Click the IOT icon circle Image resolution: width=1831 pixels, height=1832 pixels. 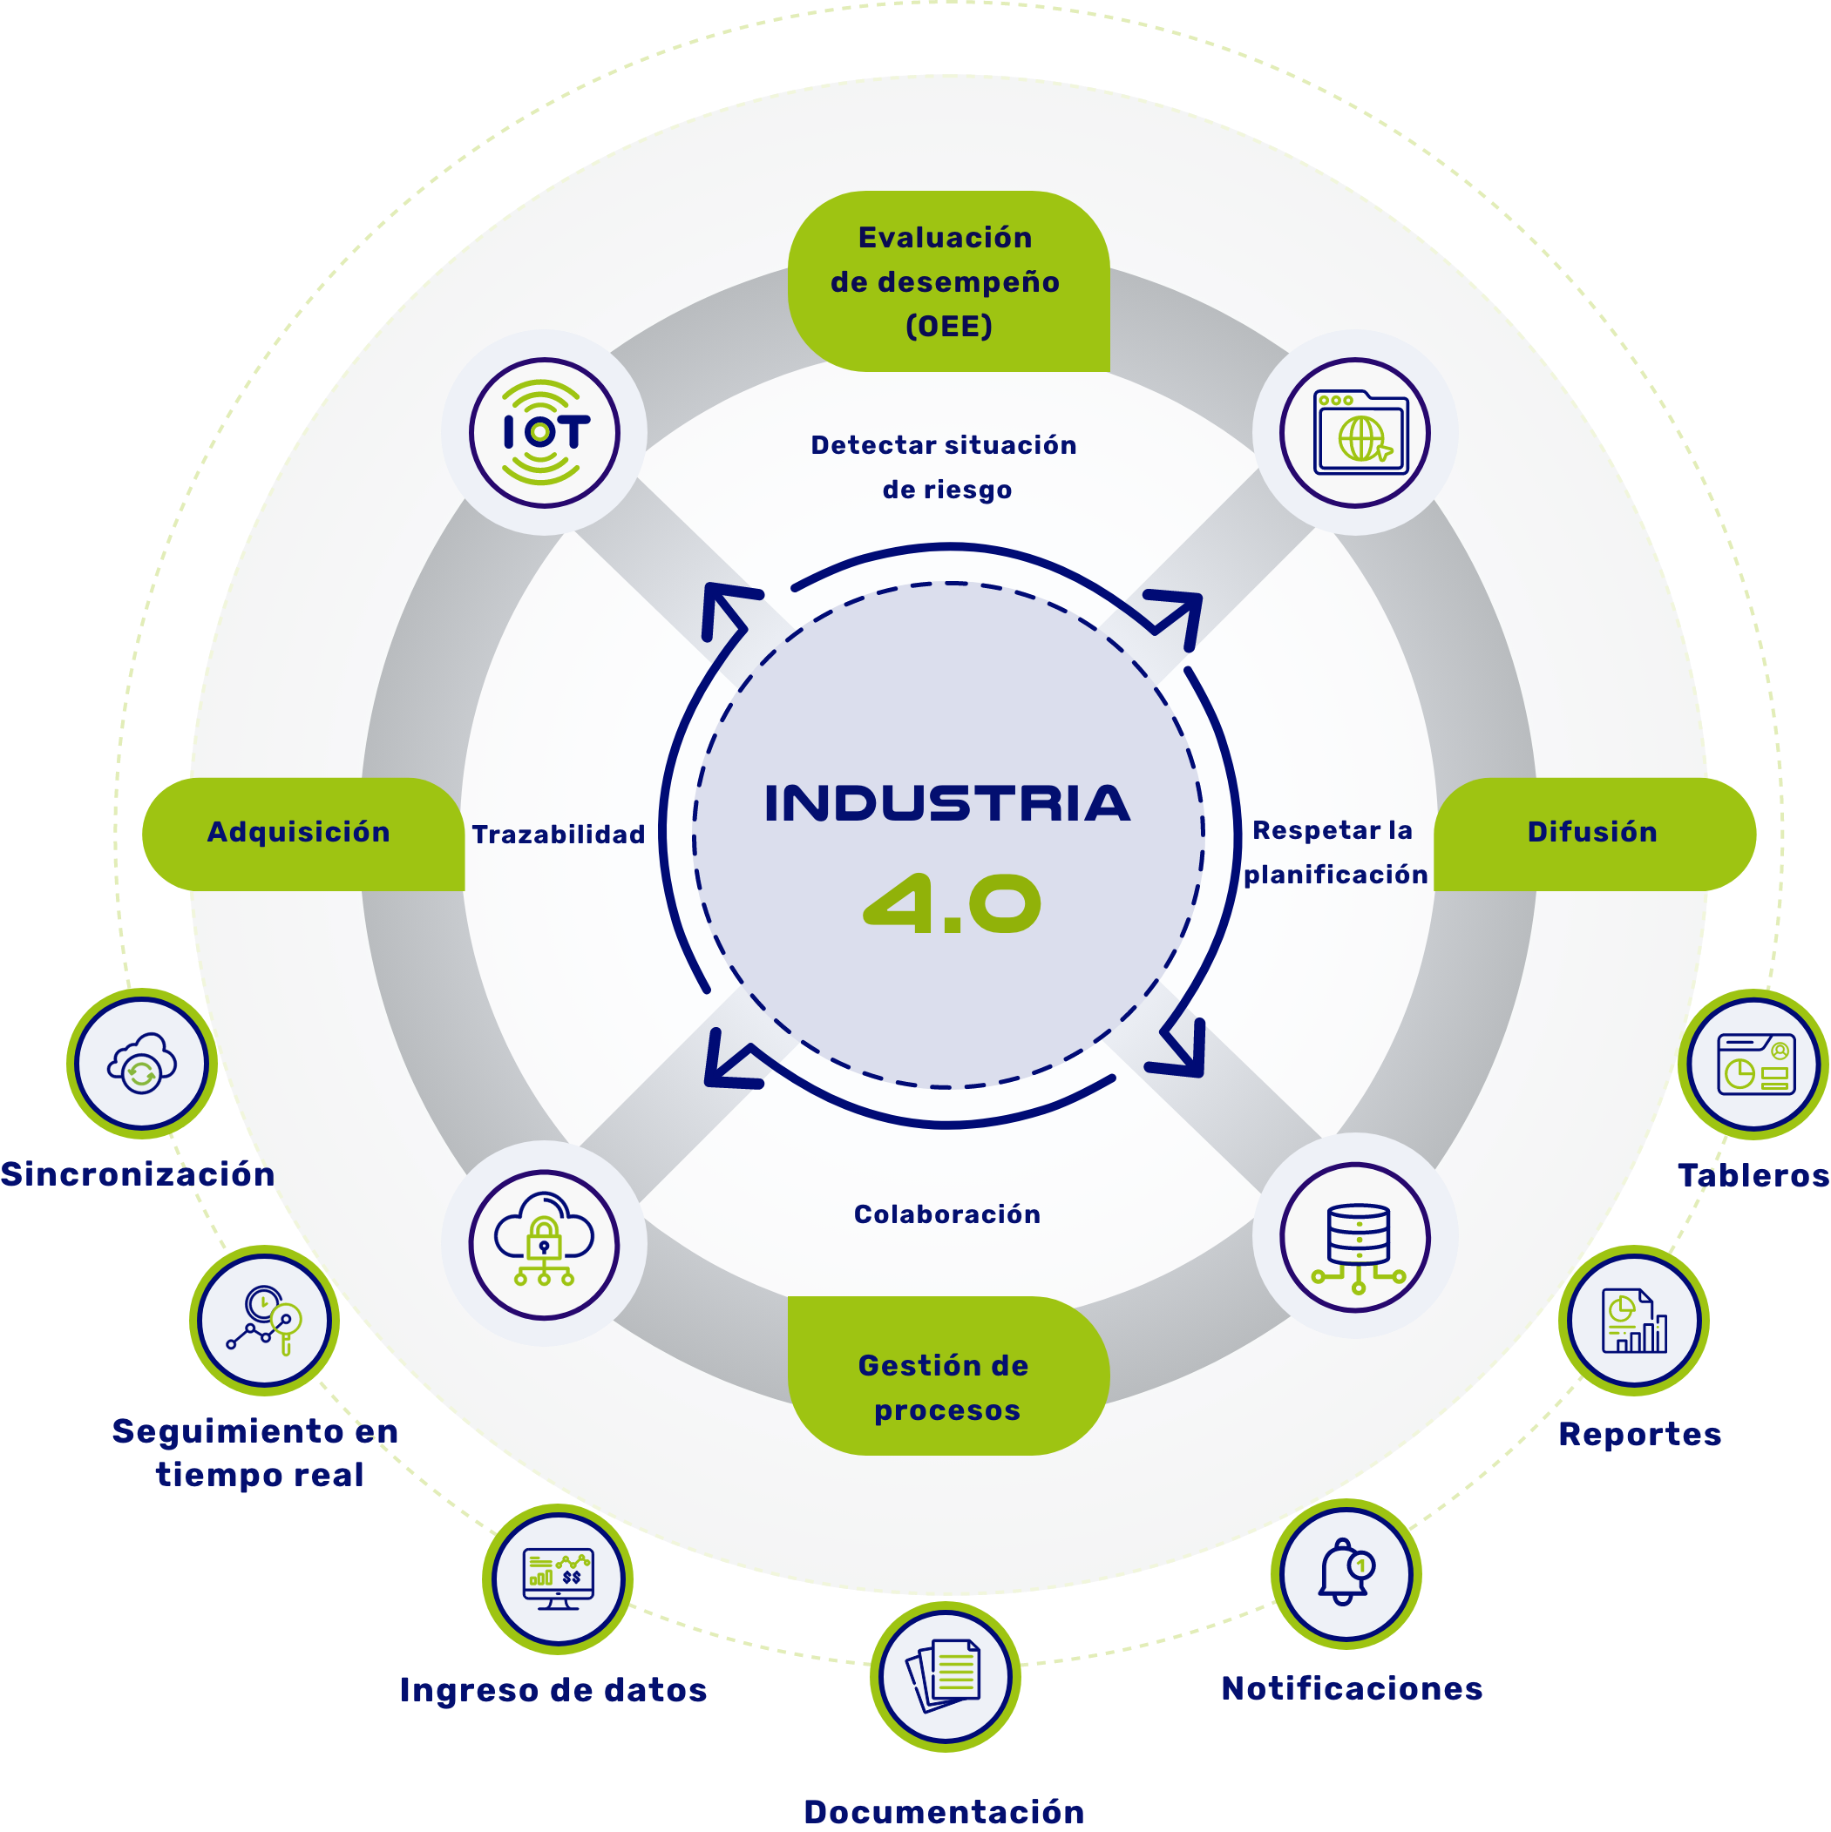pyautogui.click(x=544, y=432)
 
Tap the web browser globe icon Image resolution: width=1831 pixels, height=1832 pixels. pyautogui.click(x=1355, y=432)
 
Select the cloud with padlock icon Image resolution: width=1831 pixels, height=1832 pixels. pyautogui.click(x=544, y=1244)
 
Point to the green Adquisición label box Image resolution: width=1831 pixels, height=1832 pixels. pyautogui.click(x=302, y=834)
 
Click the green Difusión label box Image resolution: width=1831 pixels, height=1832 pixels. pyautogui.click(x=1594, y=834)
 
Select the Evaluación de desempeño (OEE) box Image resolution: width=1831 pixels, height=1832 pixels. pyautogui.click(x=948, y=281)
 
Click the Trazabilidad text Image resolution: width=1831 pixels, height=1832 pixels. pyautogui.click(x=558, y=835)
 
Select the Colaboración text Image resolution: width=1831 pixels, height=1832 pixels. pyautogui.click(x=946, y=1214)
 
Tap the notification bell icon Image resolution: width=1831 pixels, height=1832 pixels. pyautogui.click(x=1346, y=1574)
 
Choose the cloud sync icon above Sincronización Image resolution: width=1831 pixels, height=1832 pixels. pyautogui.click(x=142, y=1064)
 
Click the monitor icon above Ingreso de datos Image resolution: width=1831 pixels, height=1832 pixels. pyautogui.click(x=558, y=1578)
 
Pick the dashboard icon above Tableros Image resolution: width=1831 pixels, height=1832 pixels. pyautogui.click(x=1754, y=1064)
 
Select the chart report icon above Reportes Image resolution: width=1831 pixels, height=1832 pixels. pyautogui.click(x=1634, y=1321)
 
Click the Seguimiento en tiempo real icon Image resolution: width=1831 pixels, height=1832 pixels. pyautogui.click(x=265, y=1321)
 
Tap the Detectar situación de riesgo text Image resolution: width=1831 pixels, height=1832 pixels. pyautogui.click(x=945, y=468)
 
